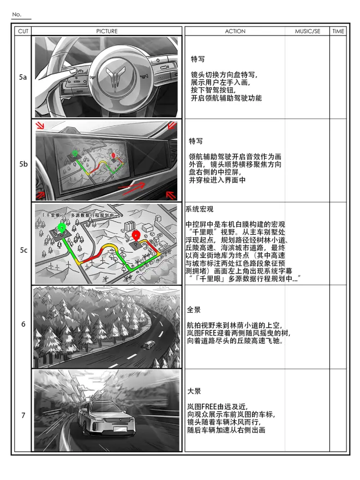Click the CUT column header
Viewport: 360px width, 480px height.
point(23,31)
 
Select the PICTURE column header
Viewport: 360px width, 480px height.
point(107,31)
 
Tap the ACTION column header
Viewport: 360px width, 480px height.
point(235,31)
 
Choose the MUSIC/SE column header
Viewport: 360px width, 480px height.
point(308,31)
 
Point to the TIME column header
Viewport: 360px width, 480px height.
point(338,31)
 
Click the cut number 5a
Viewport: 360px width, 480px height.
point(23,77)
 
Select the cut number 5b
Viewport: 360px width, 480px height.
point(23,164)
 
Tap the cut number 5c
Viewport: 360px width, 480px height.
point(23,250)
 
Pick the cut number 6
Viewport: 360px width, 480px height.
point(23,324)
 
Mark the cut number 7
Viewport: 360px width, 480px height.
point(23,415)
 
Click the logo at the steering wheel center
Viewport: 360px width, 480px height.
point(116,77)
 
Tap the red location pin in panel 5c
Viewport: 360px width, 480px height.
point(136,236)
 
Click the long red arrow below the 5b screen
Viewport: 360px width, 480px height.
point(131,188)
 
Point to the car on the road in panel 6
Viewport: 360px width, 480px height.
point(149,345)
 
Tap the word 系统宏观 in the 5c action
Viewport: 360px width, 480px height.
point(199,209)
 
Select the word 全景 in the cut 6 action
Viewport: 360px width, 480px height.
point(194,310)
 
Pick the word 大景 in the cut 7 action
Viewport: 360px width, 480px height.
point(194,391)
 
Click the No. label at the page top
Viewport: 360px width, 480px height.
point(16,14)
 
